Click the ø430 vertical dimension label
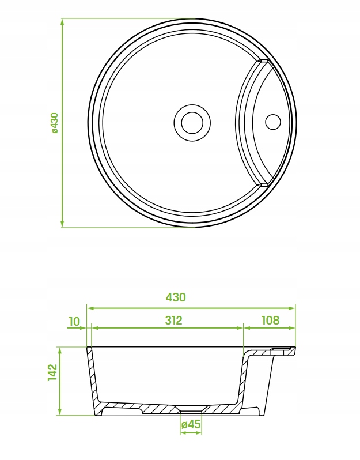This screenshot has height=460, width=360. (x=55, y=123)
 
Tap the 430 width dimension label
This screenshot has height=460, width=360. (x=176, y=297)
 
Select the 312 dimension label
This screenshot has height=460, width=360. (x=173, y=320)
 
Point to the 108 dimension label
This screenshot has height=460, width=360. (x=270, y=320)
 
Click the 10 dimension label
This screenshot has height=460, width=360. (x=74, y=322)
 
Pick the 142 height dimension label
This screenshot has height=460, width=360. (x=53, y=372)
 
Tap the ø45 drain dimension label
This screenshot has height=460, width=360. (x=191, y=424)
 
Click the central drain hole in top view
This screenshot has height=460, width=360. (x=192, y=123)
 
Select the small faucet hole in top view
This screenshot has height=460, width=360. (x=273, y=122)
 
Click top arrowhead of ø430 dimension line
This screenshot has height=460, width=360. (x=62, y=22)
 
